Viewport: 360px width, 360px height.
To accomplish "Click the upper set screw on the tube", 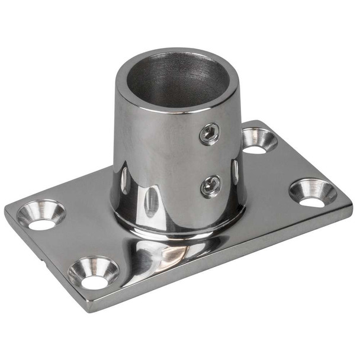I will (x=209, y=134).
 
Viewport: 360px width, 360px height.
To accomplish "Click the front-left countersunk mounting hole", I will (x=94, y=273).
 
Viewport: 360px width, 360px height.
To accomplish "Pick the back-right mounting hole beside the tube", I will (x=259, y=141).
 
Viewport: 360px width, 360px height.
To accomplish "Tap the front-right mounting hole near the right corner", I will (x=312, y=193).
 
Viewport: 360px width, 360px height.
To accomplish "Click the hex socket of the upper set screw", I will (x=209, y=134).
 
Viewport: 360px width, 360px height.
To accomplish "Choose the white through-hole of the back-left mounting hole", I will (x=41, y=224).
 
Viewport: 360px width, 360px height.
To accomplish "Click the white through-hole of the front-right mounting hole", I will (x=312, y=201).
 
